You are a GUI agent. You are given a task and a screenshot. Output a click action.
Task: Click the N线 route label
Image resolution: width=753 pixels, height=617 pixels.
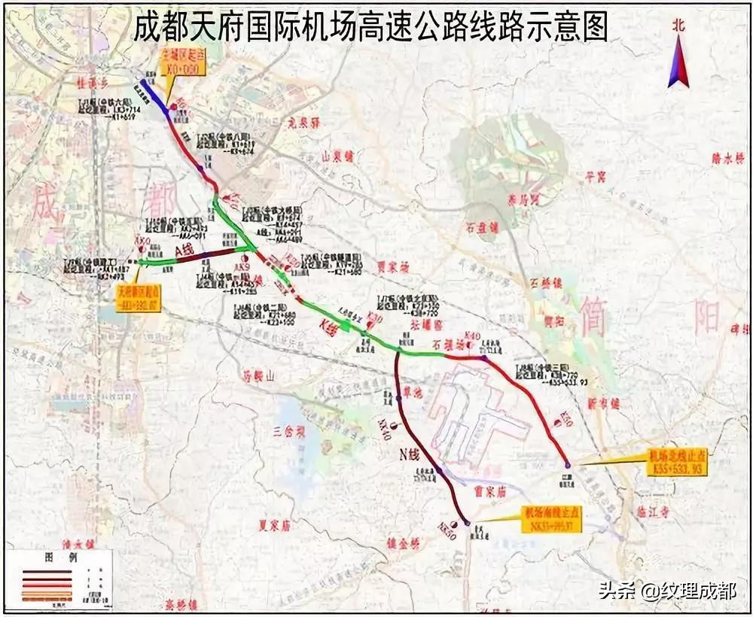coord(409,454)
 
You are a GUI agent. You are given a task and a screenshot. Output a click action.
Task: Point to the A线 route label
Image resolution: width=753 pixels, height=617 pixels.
coord(183,249)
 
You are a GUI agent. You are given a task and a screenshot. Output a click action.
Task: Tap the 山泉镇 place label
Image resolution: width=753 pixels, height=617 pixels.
coord(337,156)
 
